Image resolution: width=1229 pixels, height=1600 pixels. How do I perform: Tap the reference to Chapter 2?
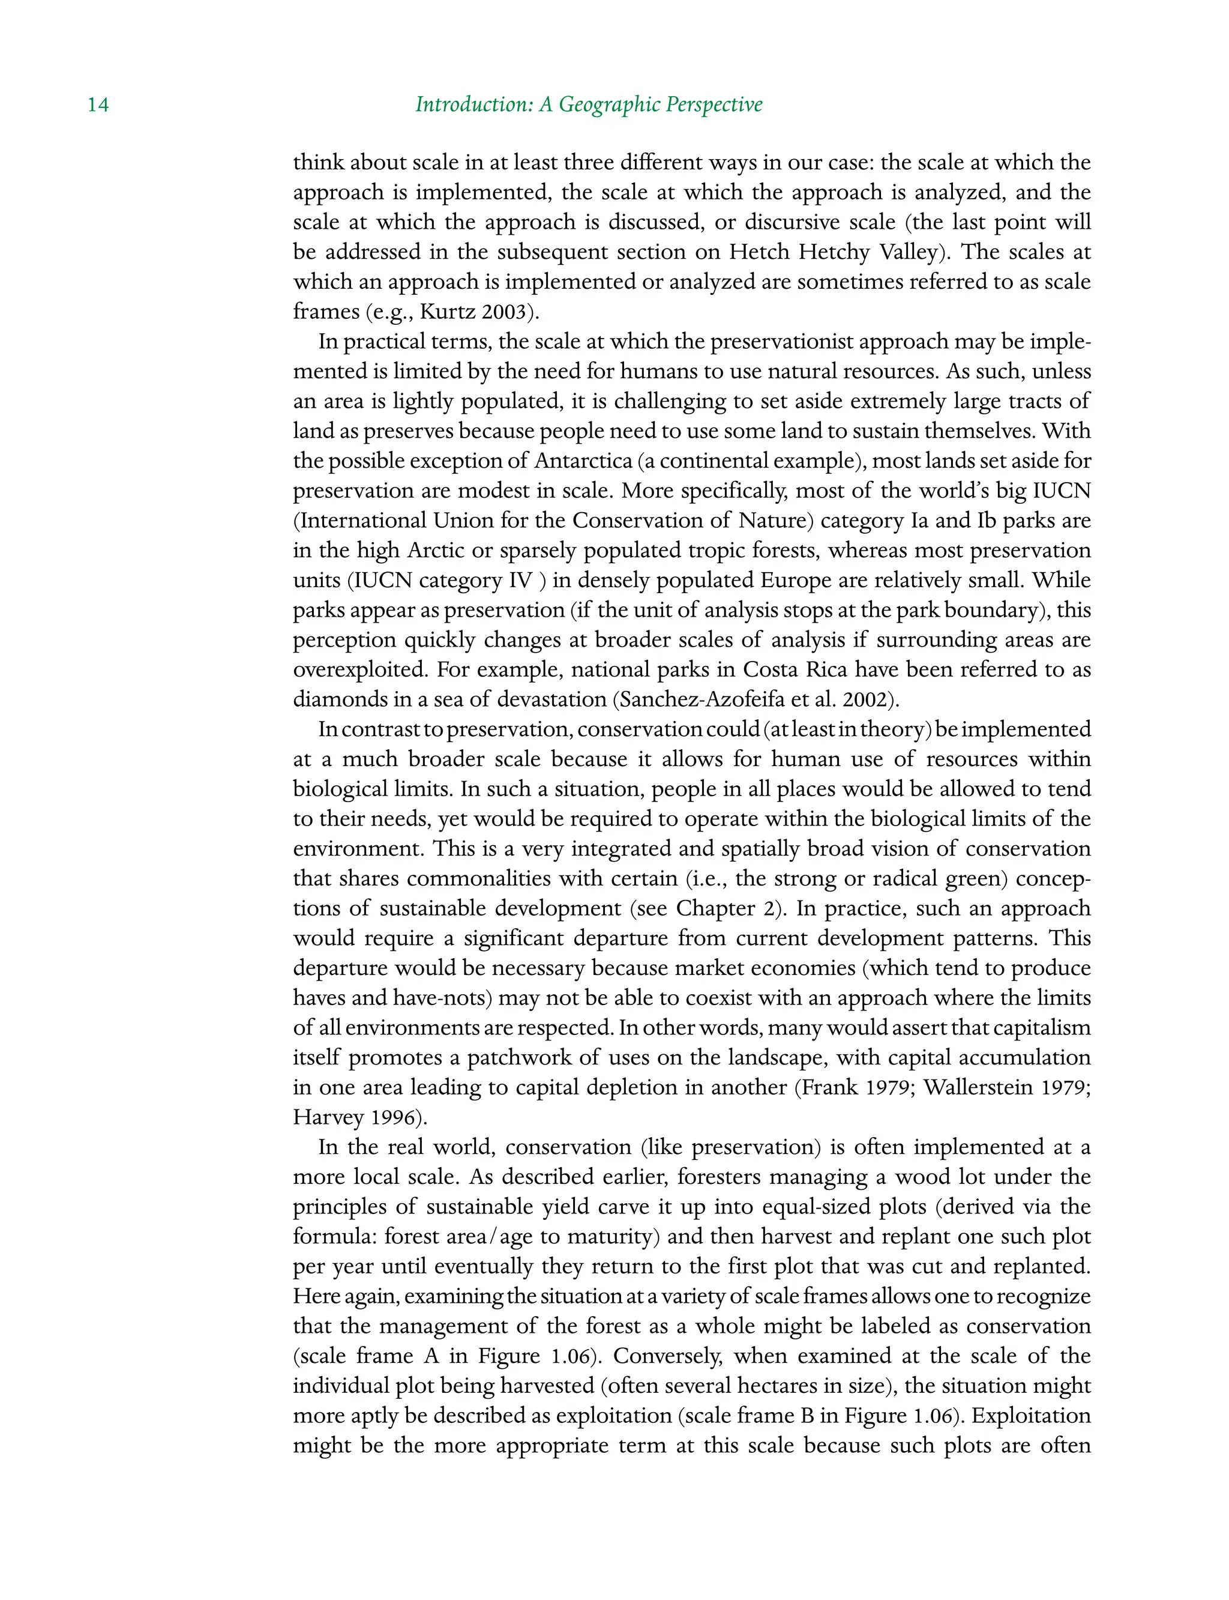724,909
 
